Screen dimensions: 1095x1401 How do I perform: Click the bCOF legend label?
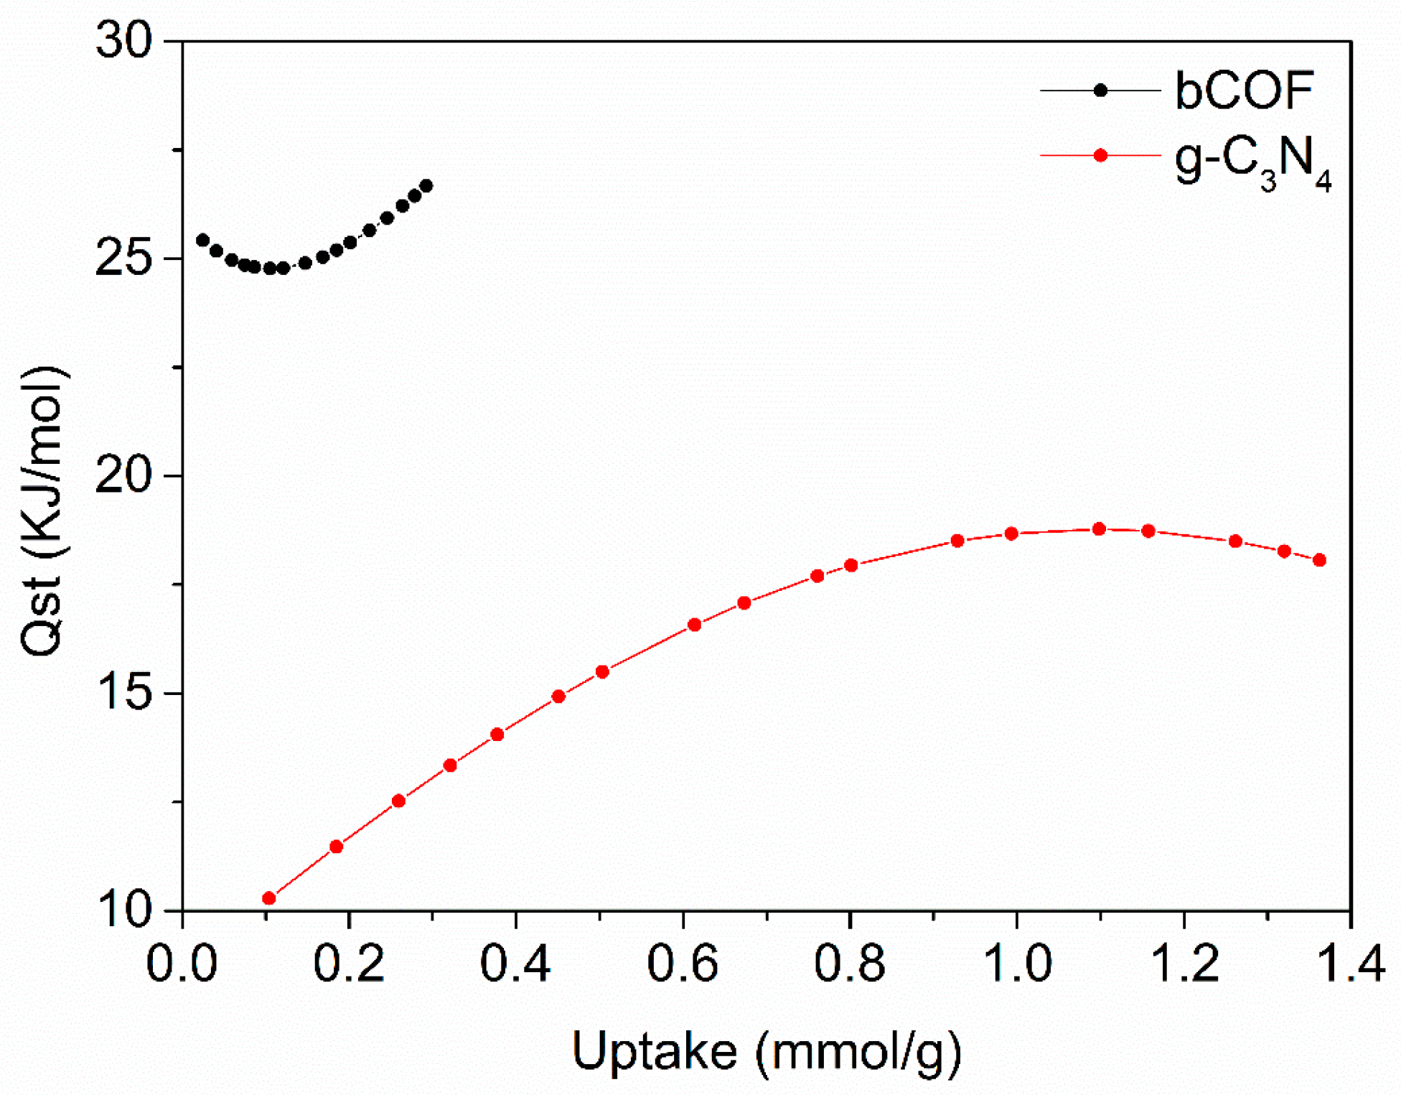(x=1244, y=91)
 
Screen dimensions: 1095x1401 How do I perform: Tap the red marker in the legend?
(x=1100, y=156)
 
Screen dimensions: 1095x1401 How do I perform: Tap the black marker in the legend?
(x=1100, y=90)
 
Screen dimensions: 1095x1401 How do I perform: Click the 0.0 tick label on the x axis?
(x=182, y=964)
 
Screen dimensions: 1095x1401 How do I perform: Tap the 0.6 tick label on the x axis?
(x=682, y=964)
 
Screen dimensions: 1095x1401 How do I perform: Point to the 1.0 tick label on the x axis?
(x=1016, y=964)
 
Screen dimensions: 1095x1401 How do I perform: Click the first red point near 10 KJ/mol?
(x=269, y=898)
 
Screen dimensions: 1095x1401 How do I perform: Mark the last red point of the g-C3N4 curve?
(x=1319, y=560)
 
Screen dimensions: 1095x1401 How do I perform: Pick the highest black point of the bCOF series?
(x=426, y=186)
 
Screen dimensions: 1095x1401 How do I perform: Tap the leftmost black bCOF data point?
(x=203, y=240)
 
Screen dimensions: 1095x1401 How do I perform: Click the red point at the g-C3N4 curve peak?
(x=1099, y=529)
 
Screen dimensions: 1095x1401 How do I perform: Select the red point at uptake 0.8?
(x=851, y=565)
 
